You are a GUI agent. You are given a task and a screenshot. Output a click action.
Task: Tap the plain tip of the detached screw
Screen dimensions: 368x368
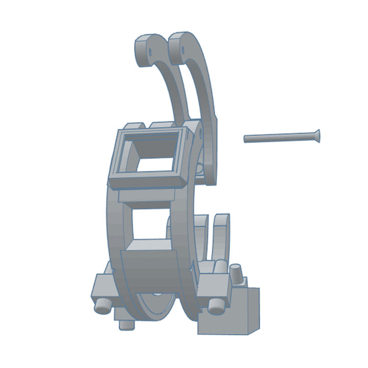[x=246, y=139]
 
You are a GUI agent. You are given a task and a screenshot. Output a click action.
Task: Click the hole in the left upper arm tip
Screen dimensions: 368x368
[x=151, y=52]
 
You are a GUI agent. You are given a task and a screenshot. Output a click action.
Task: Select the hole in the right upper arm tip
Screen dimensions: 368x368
[x=182, y=50]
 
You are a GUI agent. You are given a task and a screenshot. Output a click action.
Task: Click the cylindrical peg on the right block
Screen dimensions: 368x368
[x=215, y=305]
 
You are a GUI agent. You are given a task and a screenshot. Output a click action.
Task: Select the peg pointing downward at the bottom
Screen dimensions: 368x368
[x=124, y=324]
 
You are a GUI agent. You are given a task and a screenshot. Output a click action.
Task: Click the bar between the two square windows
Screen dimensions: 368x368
[x=151, y=197]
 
